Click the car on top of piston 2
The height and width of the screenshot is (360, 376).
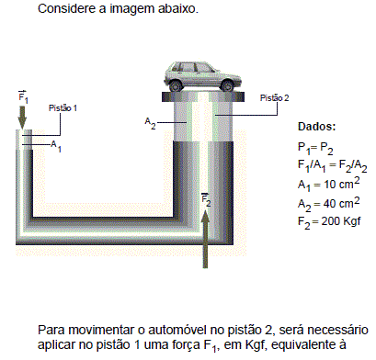pyautogui.click(x=202, y=77)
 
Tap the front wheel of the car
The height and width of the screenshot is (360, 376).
pyautogui.click(x=227, y=85)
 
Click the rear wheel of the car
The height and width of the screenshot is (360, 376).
pyautogui.click(x=176, y=85)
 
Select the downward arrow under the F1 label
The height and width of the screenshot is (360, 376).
pyautogui.click(x=22, y=118)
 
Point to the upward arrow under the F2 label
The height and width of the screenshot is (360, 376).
pyautogui.click(x=205, y=240)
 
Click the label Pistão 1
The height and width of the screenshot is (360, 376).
pyautogui.click(x=63, y=108)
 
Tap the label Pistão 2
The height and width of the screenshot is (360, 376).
pyautogui.click(x=274, y=98)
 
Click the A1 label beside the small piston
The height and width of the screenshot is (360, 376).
pyautogui.click(x=56, y=145)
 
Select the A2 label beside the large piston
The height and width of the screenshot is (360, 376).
pyautogui.click(x=150, y=123)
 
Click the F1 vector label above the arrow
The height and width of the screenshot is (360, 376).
pyautogui.click(x=23, y=97)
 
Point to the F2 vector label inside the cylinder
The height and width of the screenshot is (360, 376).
pyautogui.click(x=206, y=200)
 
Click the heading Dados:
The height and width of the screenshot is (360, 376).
pyautogui.click(x=316, y=127)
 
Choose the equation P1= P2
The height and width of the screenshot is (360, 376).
pyautogui.click(x=315, y=148)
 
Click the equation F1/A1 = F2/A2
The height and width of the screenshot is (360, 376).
pyautogui.click(x=332, y=166)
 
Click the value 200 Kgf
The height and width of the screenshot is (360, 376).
pyautogui.click(x=341, y=221)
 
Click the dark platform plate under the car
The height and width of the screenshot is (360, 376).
pyautogui.click(x=203, y=97)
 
